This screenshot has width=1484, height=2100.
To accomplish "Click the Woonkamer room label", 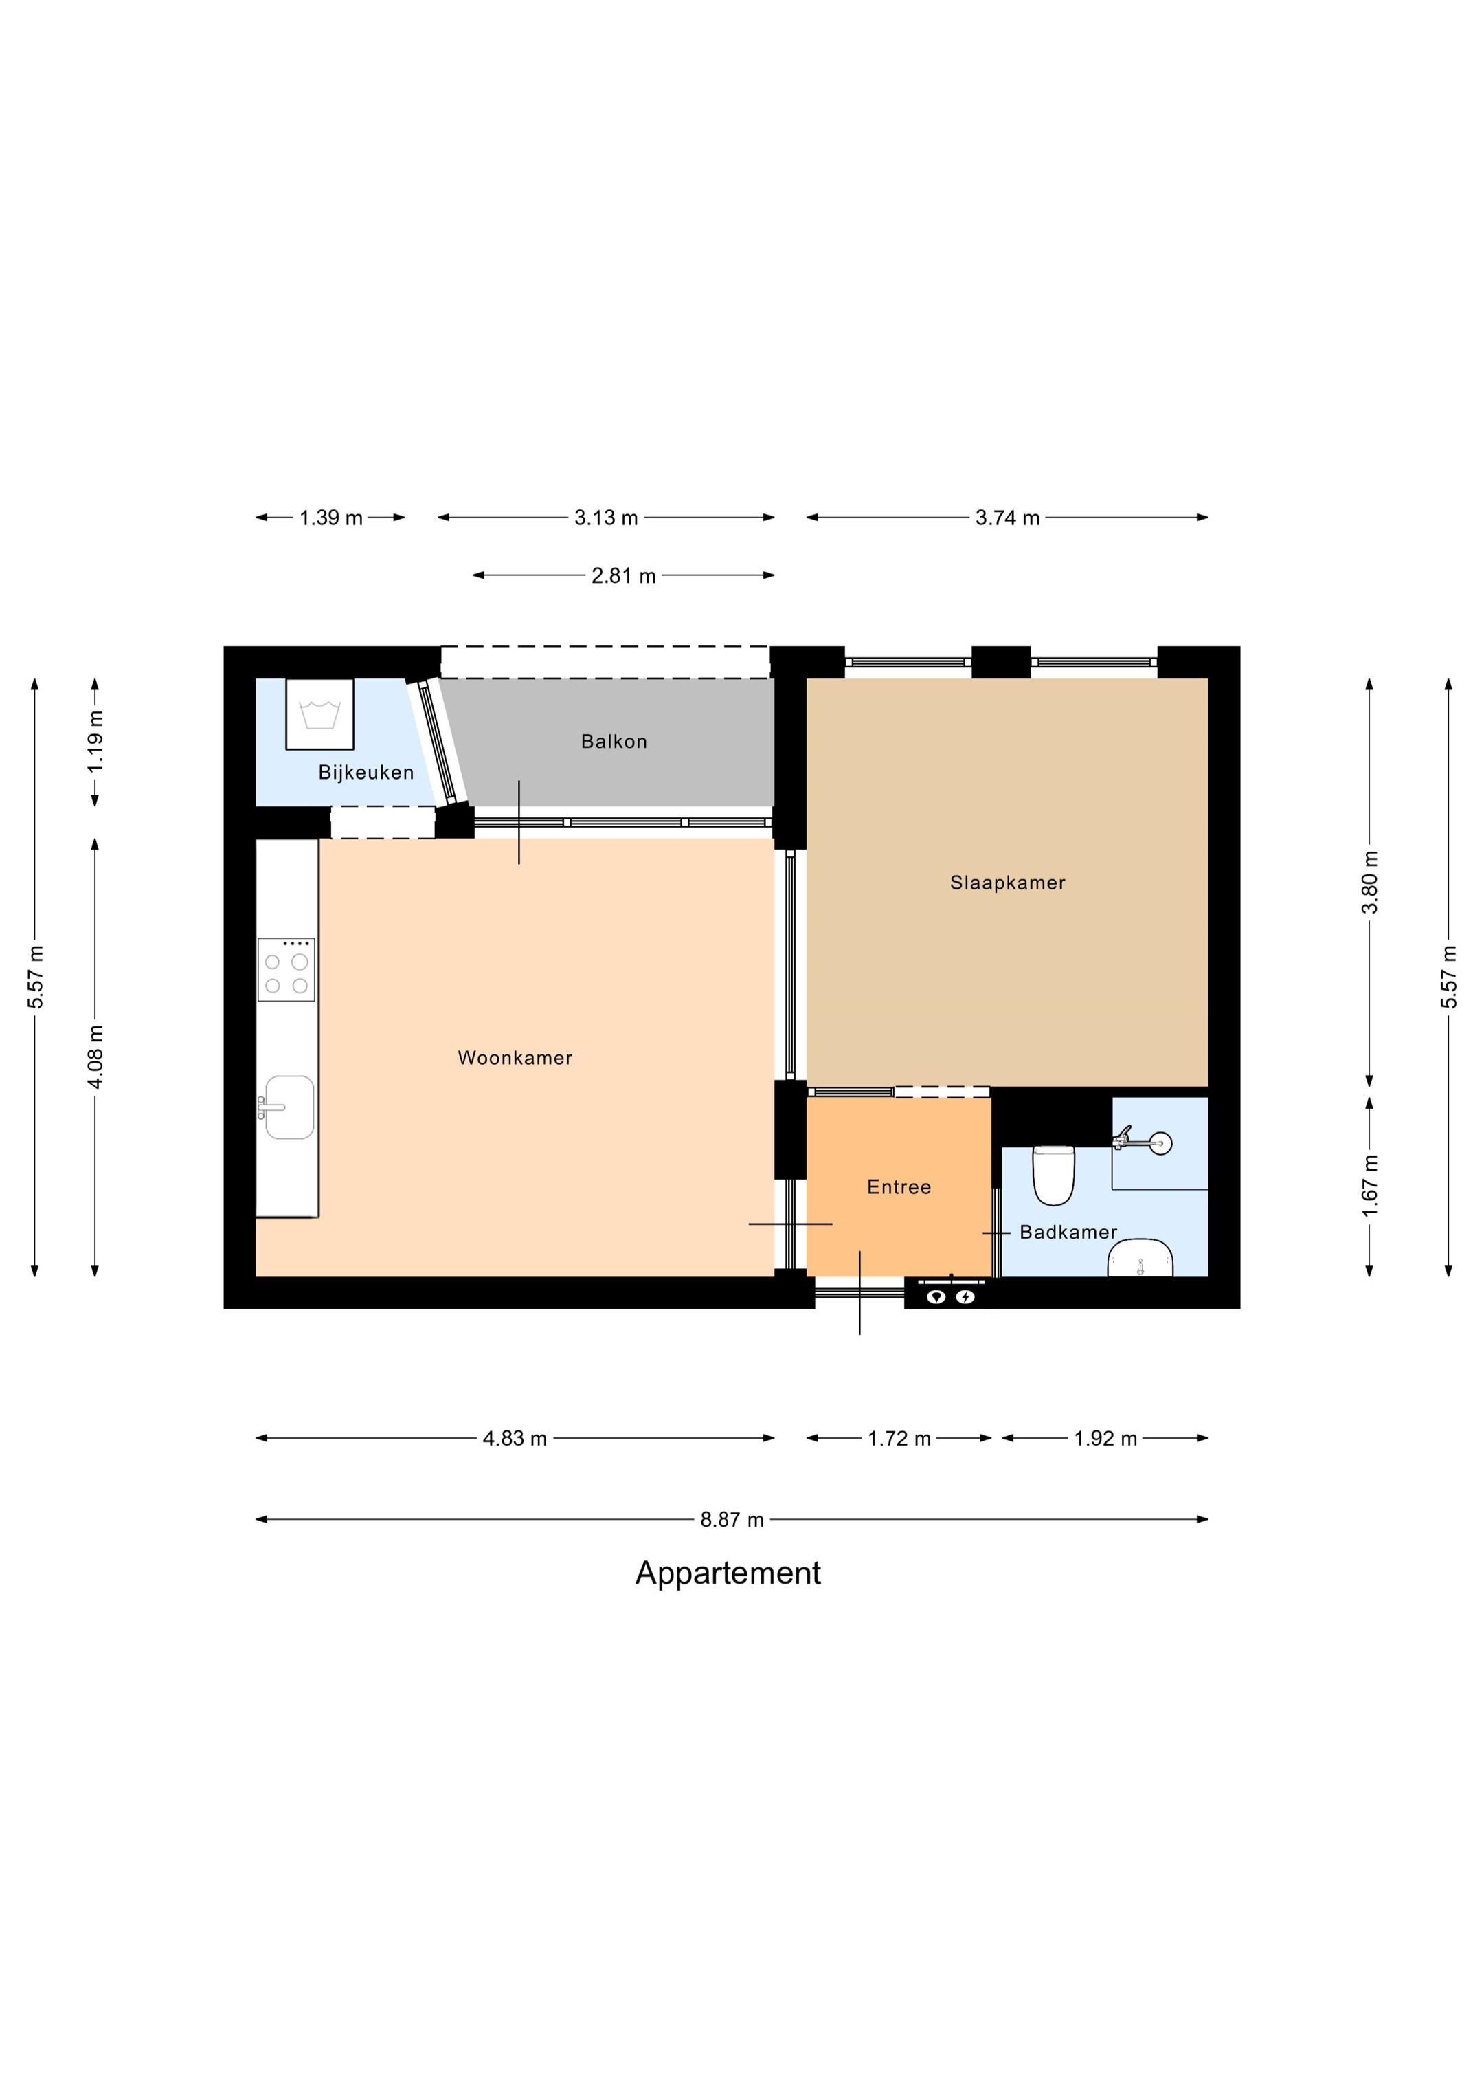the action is point(515,1058).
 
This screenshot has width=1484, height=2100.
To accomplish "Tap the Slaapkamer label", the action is point(1008,883).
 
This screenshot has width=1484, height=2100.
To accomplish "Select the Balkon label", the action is point(614,742).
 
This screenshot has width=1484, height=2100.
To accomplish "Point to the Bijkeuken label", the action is point(366,773).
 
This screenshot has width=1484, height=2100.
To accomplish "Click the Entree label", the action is point(899,1187).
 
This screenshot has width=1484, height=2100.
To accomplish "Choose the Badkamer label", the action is point(1068,1233).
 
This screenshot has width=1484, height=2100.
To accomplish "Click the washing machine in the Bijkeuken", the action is point(319,714).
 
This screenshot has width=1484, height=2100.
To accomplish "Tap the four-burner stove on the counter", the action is point(286,969).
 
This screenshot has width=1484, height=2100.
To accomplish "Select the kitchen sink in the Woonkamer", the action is point(288,1107).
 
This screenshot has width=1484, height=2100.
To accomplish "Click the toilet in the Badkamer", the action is point(1053,1175).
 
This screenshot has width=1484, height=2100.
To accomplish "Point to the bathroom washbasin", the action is point(1140,1259).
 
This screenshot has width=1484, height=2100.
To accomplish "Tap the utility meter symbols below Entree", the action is point(951,1296).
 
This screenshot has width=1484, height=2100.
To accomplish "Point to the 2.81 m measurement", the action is point(624,576).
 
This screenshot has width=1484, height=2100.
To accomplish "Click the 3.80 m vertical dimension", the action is point(1370,882).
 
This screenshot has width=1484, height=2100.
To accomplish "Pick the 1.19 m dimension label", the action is point(95,741).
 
